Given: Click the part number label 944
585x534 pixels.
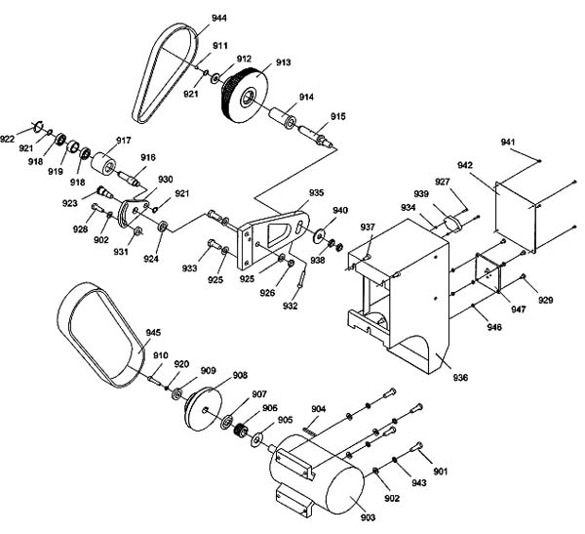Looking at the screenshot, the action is [x=219, y=18].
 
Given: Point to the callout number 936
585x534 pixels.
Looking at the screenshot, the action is [x=460, y=378].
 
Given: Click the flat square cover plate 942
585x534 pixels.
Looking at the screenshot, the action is [x=517, y=215].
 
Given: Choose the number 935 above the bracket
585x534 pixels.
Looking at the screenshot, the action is [x=316, y=193].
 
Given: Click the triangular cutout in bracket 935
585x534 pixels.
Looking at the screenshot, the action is [x=279, y=234].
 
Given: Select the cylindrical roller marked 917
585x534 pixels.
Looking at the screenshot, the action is [x=103, y=163].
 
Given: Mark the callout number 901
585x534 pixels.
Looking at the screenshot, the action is [x=441, y=472].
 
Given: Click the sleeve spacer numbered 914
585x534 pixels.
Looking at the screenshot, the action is [x=283, y=118].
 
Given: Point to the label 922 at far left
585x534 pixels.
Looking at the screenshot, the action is [x=7, y=140].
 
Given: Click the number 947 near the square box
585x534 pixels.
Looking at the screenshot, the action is [x=519, y=309].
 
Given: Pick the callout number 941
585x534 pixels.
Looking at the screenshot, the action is [x=508, y=142].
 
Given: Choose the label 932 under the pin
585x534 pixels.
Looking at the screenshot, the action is [x=291, y=307].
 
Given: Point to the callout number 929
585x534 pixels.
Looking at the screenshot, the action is [x=545, y=300].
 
